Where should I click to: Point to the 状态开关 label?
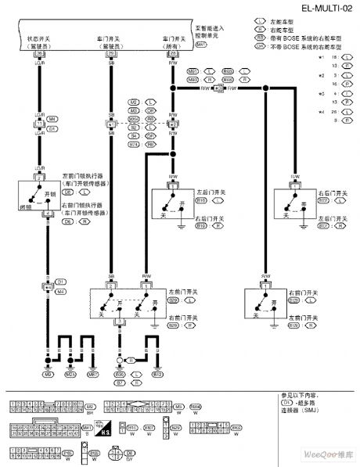[39, 36]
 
